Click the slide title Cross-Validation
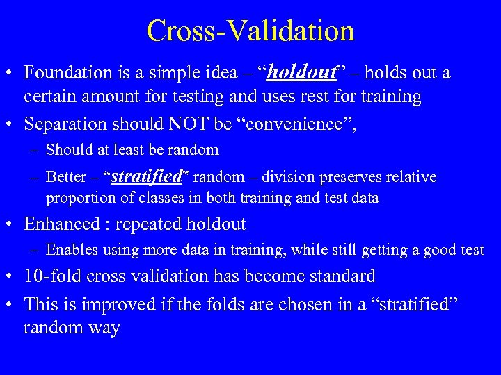point(250,31)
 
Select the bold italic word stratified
point(146,176)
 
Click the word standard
point(340,276)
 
